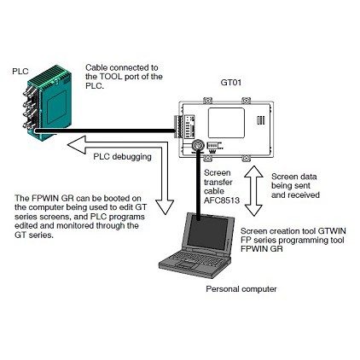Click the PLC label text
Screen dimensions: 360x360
20,71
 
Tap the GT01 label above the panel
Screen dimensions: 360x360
231,83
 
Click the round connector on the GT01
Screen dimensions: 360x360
197,145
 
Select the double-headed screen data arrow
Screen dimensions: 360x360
253,191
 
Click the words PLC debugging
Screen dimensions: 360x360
122,157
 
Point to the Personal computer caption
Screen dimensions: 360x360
241,289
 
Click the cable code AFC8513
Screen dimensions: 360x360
222,200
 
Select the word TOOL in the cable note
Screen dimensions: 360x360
110,77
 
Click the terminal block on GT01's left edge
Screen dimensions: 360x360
177,126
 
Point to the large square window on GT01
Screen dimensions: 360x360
226,123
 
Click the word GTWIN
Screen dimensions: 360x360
332,230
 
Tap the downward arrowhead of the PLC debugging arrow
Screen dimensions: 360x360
165,206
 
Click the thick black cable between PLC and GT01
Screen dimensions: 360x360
104,131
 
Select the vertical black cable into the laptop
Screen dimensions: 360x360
198,185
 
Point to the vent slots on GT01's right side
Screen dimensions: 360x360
260,120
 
